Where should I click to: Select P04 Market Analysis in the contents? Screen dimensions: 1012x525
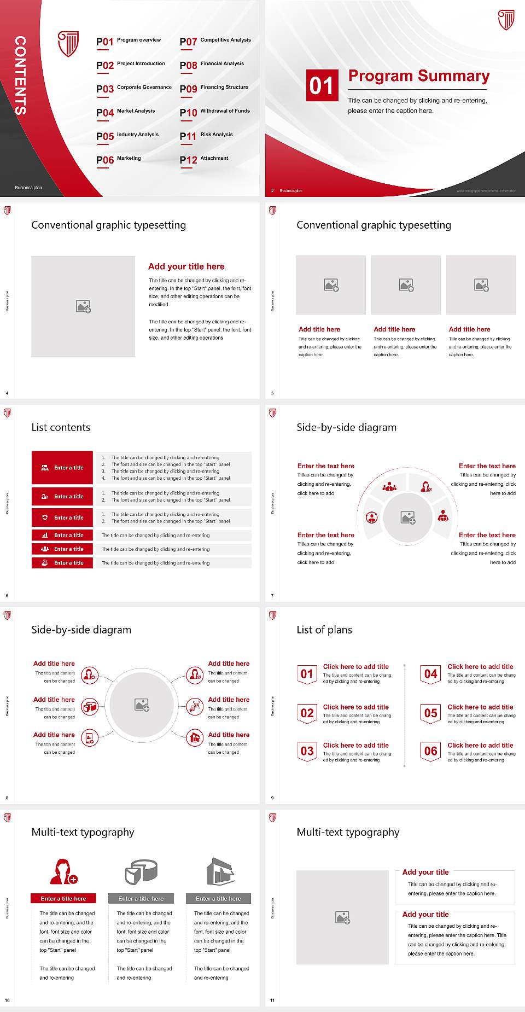coord(126,112)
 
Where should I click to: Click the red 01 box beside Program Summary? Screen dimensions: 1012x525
coord(321,85)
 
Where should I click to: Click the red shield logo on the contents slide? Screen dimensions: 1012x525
coord(68,44)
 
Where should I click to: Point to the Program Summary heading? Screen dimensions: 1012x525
coord(418,76)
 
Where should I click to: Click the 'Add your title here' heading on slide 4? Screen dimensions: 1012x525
coord(186,266)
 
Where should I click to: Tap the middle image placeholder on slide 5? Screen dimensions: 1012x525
coord(406,284)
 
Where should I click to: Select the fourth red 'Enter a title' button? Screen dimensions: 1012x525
coord(62,535)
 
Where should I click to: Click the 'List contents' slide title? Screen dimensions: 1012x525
coord(61,427)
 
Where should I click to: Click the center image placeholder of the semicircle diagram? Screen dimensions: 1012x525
coord(408,517)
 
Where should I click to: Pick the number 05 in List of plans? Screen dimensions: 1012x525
coord(430,713)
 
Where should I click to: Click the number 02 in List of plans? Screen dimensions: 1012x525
coord(307,713)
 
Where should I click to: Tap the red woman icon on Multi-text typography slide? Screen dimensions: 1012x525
coord(63,871)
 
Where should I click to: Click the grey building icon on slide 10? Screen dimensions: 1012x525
coord(220,871)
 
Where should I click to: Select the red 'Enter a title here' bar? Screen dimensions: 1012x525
coord(63,898)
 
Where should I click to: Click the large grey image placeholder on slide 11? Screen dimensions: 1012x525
coord(342,917)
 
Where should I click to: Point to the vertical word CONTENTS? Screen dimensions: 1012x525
coord(20,75)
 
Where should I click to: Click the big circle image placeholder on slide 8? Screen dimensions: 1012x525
coord(142,705)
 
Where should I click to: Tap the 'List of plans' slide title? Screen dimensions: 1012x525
coord(324,630)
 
